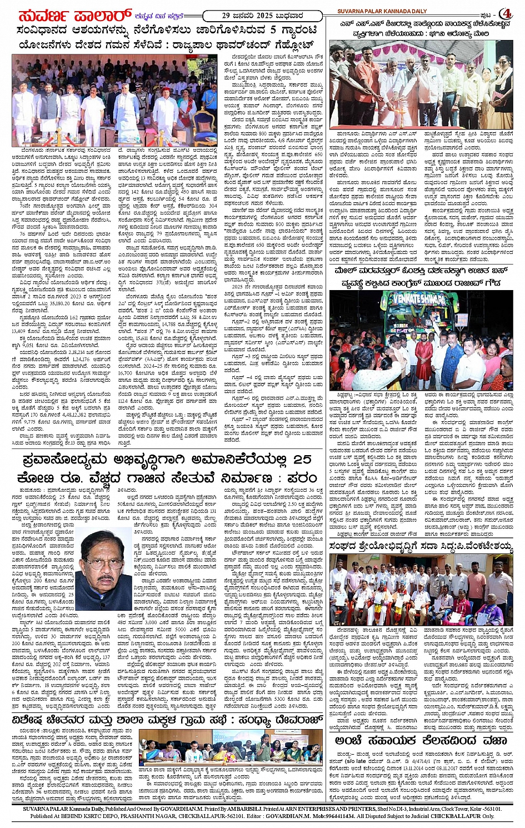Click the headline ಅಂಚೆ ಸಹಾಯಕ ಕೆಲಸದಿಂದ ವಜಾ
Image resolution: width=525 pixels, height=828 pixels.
[x=421, y=740]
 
